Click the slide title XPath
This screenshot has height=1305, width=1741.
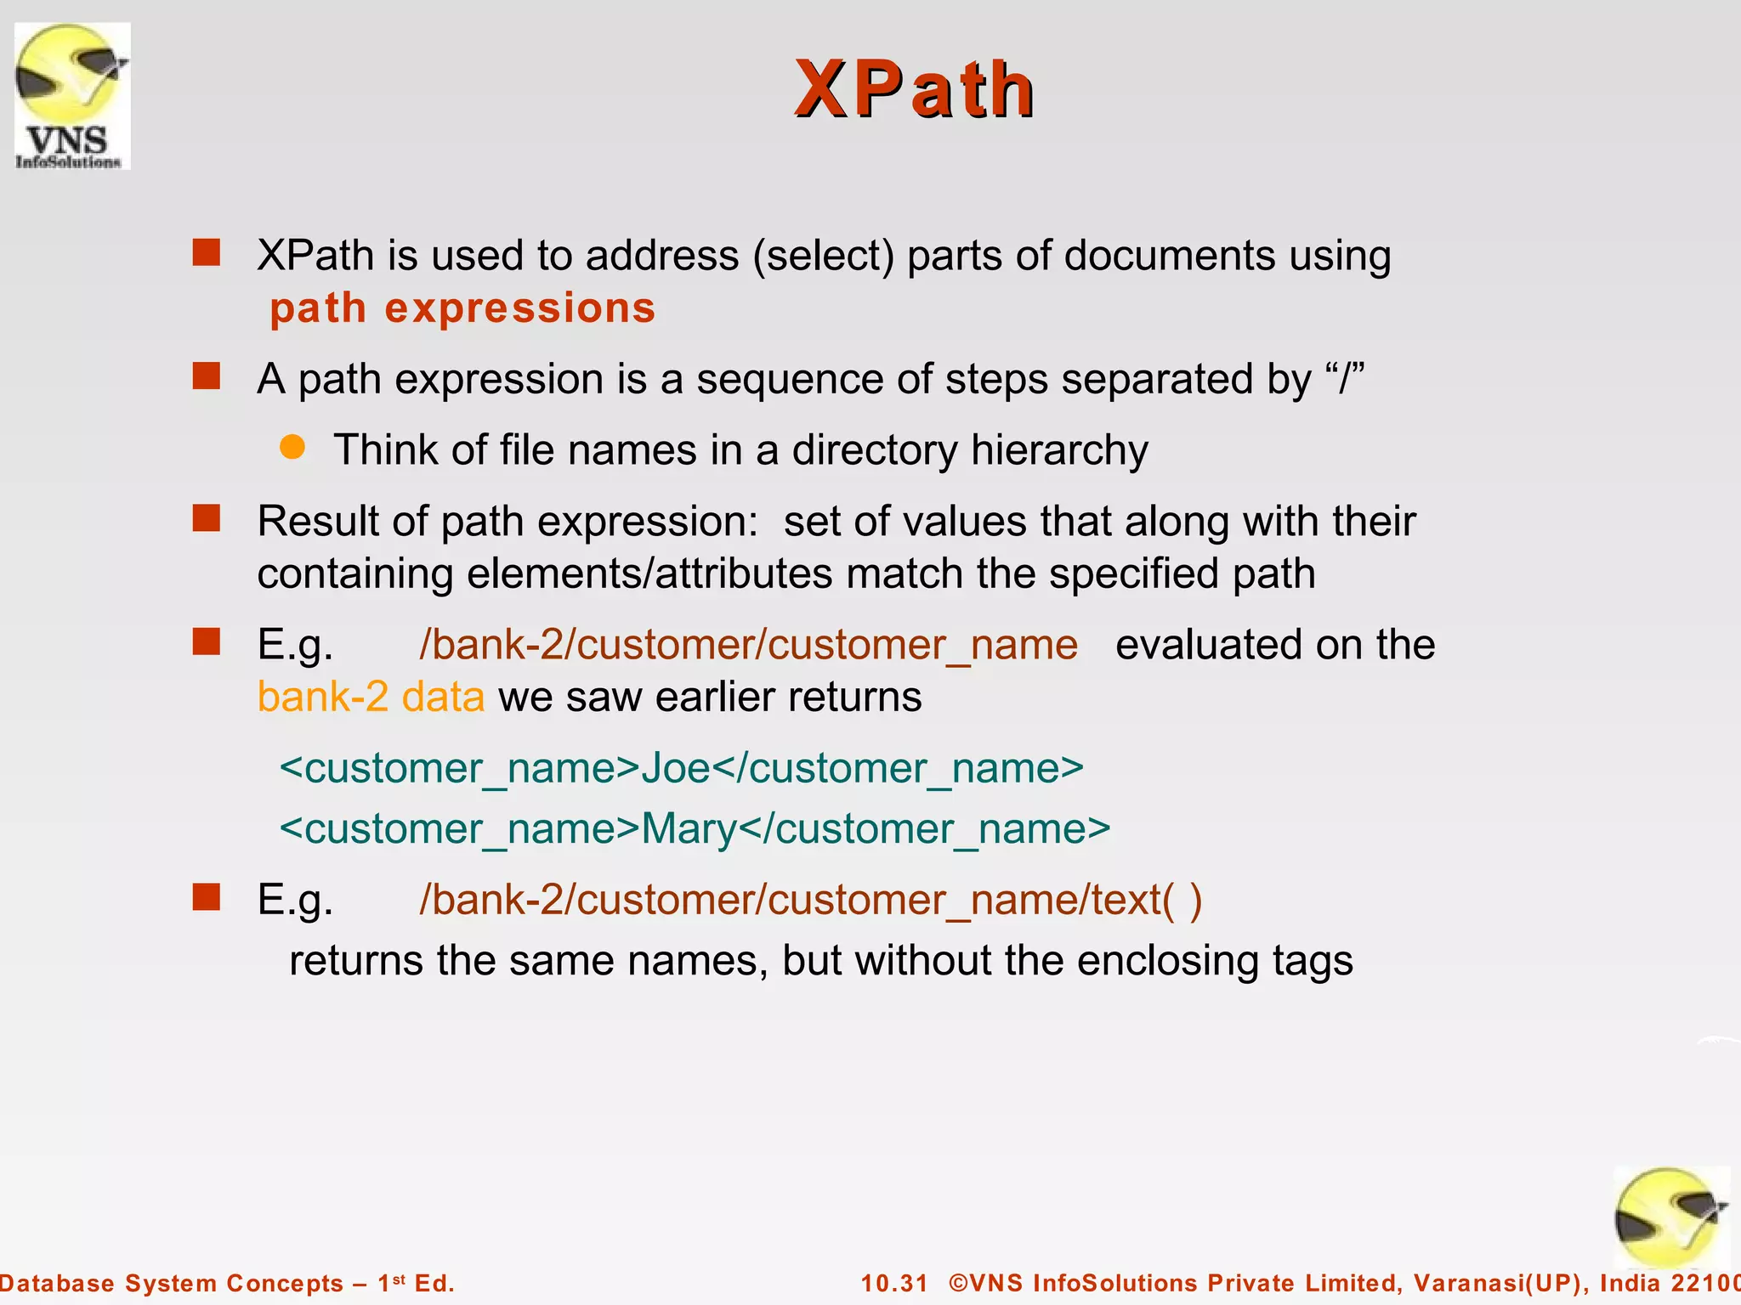[914, 89]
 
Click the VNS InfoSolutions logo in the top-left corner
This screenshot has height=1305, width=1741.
[72, 96]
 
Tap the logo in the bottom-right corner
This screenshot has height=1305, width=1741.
[1670, 1218]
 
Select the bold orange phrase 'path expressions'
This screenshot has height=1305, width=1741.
[462, 308]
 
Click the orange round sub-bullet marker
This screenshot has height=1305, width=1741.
[292, 447]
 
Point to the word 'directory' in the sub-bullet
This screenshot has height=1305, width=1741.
[875, 449]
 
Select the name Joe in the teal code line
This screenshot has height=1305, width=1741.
[675, 768]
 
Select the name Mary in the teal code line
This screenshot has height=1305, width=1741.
[689, 828]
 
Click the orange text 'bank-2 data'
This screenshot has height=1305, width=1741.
[371, 697]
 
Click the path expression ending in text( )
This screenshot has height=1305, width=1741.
[810, 899]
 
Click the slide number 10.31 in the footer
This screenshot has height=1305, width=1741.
[894, 1283]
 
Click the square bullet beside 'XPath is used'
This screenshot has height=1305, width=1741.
[207, 252]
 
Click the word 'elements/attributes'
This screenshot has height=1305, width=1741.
[649, 573]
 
